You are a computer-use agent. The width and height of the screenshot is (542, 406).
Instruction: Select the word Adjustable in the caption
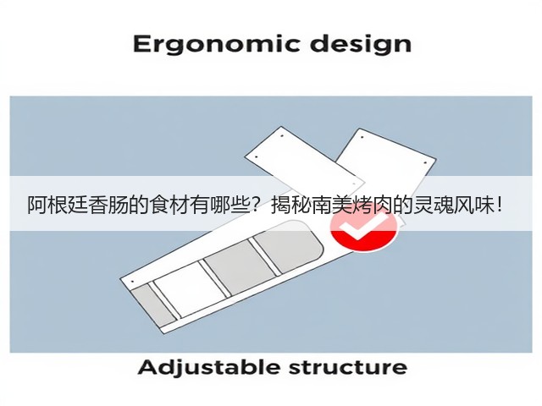point(209,368)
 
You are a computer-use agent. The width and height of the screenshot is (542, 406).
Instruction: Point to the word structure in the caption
point(348,368)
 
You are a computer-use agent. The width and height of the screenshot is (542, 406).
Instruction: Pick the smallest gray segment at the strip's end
point(152,306)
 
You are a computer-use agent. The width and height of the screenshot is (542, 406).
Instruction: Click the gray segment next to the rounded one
point(241,267)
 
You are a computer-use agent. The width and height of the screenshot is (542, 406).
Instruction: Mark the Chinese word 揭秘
point(291,206)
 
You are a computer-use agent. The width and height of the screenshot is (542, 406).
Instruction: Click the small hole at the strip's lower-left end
point(133,282)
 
